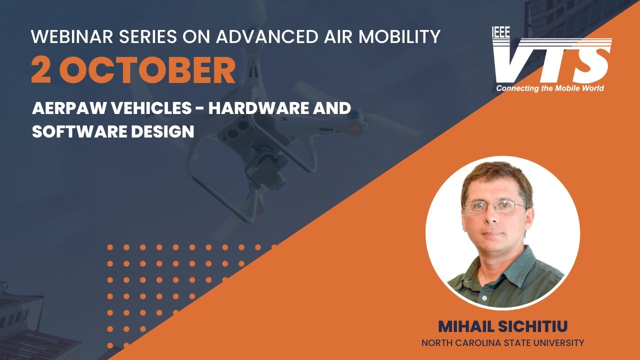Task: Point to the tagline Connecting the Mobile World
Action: pos(549,88)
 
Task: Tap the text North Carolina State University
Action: pos(502,343)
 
